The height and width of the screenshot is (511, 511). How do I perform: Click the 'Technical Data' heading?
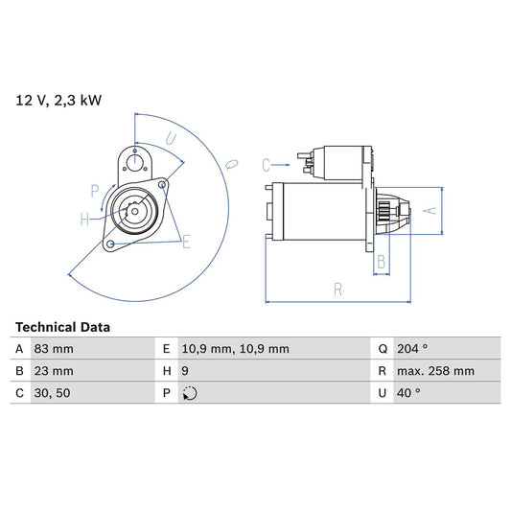[62, 327]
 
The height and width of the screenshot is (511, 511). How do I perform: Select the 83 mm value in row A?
[55, 349]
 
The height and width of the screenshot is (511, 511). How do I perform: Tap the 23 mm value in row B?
[55, 371]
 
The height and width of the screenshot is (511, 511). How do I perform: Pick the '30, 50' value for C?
[53, 393]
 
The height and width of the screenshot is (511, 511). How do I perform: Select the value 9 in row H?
[184, 371]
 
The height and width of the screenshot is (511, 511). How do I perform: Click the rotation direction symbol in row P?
[189, 393]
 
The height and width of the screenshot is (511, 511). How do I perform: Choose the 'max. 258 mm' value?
[437, 371]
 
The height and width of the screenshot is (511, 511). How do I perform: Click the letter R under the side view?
[338, 288]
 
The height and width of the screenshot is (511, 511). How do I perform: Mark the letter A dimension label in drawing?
[431, 210]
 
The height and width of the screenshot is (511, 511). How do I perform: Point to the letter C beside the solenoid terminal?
[267, 163]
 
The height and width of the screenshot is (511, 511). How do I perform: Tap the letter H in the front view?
[84, 220]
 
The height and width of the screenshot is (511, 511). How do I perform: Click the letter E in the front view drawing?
[186, 242]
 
